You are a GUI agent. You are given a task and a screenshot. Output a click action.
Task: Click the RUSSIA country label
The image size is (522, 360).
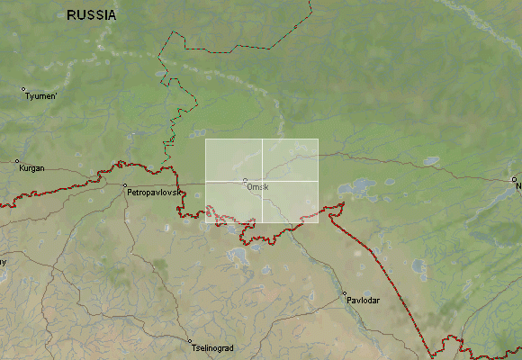click(x=91, y=15)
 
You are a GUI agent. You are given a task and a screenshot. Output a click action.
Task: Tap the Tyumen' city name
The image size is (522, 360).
click(x=41, y=95)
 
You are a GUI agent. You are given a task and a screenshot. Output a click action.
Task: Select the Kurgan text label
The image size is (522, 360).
click(x=30, y=168)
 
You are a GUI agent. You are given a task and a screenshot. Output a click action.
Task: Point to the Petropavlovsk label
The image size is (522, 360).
click(x=156, y=193)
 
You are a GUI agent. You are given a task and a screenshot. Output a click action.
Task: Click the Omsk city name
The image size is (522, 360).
click(x=256, y=186)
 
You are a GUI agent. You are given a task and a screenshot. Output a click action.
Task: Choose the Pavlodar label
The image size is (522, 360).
click(x=363, y=300)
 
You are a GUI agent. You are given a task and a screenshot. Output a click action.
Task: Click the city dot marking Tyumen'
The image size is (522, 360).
click(x=23, y=89)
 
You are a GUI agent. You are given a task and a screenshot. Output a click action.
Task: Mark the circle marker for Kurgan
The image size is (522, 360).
click(x=16, y=162)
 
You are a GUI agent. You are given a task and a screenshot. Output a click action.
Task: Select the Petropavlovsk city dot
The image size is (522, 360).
click(x=124, y=185)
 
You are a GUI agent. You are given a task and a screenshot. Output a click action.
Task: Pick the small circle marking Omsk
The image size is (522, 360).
click(x=245, y=180)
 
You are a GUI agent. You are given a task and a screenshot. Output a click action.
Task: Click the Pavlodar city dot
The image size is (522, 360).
click(x=344, y=293)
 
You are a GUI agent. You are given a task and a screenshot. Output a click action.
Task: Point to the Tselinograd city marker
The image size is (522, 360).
click(x=190, y=342)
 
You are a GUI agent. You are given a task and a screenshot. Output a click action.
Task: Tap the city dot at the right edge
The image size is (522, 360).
click(x=515, y=179)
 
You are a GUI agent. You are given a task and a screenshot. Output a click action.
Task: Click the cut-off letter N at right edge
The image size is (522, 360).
click(x=518, y=186)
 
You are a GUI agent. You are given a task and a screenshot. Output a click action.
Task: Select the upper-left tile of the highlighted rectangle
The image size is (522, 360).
click(x=234, y=160)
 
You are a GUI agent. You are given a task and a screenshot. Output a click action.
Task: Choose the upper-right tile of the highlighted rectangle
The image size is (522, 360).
click(x=291, y=160)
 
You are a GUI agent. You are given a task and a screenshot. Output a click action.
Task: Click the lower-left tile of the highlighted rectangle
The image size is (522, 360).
click(x=234, y=202)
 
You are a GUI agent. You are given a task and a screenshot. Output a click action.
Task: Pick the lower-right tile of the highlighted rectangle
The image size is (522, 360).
click(x=291, y=202)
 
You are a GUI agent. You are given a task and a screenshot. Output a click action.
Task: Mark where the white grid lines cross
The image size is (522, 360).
click(x=263, y=181)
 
